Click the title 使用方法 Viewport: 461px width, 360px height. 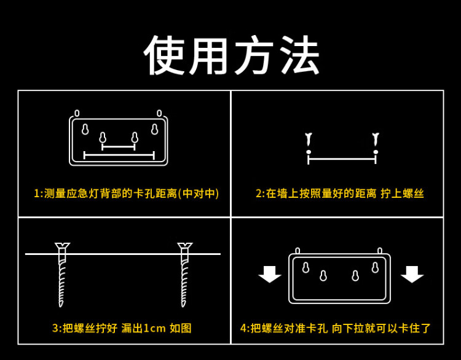232,55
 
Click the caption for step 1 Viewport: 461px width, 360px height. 126,194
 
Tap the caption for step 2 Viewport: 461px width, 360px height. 340,194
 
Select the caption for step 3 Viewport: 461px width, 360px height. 122,328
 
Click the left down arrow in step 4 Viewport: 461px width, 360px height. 270,274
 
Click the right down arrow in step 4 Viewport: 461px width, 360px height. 412,274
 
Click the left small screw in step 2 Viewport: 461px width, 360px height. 309,141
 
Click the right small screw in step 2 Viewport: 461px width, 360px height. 376,141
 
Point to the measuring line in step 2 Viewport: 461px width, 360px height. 342,158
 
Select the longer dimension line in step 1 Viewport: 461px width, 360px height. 119,155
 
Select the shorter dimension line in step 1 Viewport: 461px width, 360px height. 119,147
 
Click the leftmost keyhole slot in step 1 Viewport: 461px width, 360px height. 85,130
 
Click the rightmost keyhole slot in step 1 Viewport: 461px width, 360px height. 154,130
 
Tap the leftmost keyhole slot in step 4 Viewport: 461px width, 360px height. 305,267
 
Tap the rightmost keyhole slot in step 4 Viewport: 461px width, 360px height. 375,267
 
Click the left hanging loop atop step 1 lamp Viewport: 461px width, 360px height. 77,113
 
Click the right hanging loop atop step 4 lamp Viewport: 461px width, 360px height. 380,251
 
